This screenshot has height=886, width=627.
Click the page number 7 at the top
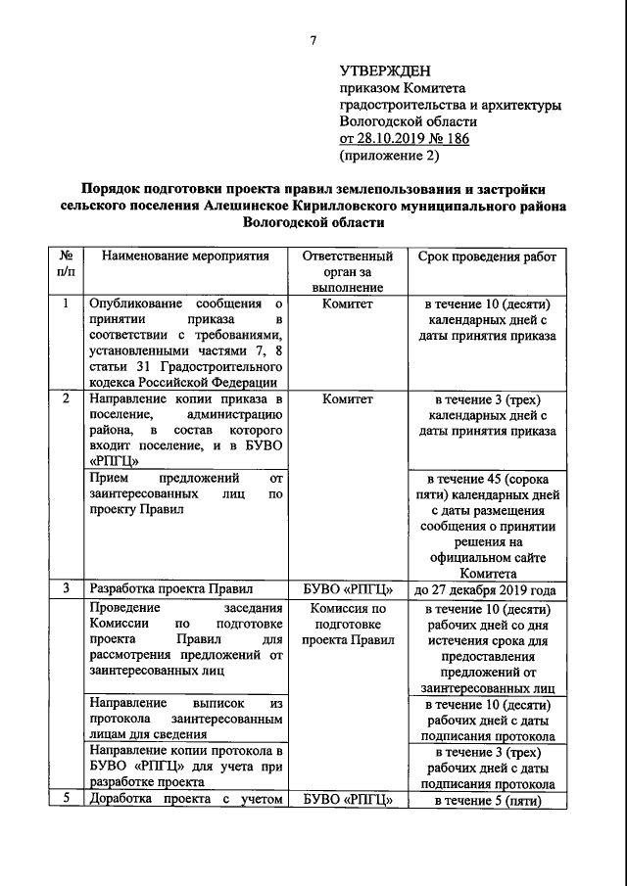click(313, 40)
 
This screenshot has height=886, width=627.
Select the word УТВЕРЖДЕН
click(384, 71)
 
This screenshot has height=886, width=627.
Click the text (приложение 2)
click(389, 155)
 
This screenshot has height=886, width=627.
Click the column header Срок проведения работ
click(486, 256)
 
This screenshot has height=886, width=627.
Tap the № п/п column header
click(66, 264)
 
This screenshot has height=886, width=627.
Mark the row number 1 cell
click(66, 303)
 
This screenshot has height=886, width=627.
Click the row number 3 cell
click(66, 589)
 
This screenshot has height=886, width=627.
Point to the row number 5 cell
click(66, 799)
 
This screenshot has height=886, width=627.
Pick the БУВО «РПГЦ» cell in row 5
click(347, 799)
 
